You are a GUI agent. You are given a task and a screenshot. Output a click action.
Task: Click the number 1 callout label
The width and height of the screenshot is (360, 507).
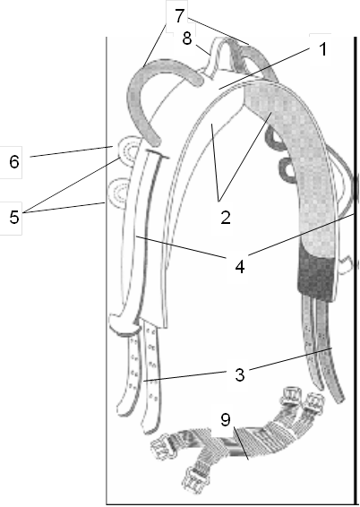(322, 50)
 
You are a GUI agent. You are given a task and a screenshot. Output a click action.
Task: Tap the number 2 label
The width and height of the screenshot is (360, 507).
(226, 218)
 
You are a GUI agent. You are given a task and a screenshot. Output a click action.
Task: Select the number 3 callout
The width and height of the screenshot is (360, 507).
(239, 374)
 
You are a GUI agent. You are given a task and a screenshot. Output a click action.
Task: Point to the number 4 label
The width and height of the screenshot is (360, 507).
(239, 267)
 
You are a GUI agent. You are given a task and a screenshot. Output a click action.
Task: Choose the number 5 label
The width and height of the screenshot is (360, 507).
(14, 217)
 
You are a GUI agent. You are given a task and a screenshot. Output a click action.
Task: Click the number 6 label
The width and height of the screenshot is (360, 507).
(14, 161)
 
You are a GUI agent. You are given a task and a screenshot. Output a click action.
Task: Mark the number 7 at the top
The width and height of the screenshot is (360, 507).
(180, 16)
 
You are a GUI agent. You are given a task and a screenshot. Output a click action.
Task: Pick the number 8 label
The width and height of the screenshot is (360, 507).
(187, 39)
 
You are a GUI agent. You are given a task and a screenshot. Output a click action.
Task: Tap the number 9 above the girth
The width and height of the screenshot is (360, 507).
(226, 420)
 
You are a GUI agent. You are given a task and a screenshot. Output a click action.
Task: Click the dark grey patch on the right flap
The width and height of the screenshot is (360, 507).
(316, 271)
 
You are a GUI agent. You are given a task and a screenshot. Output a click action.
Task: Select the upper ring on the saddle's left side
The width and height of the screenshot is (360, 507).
(128, 150)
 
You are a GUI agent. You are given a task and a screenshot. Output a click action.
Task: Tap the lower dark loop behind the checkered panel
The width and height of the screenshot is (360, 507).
(287, 167)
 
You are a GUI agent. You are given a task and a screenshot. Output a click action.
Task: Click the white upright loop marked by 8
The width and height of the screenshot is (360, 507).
(218, 57)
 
